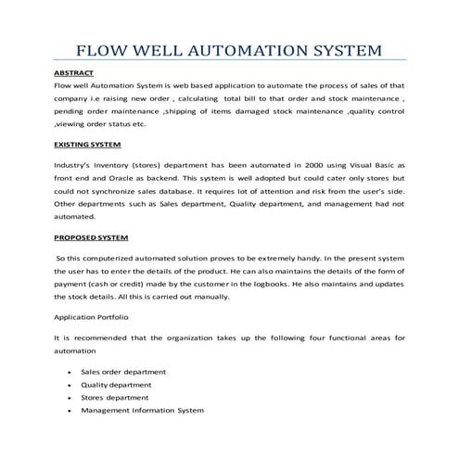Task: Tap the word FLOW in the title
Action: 102,49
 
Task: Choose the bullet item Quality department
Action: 115,385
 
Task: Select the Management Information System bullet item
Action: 142,410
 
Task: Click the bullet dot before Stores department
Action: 70,398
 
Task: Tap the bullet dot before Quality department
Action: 70,385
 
